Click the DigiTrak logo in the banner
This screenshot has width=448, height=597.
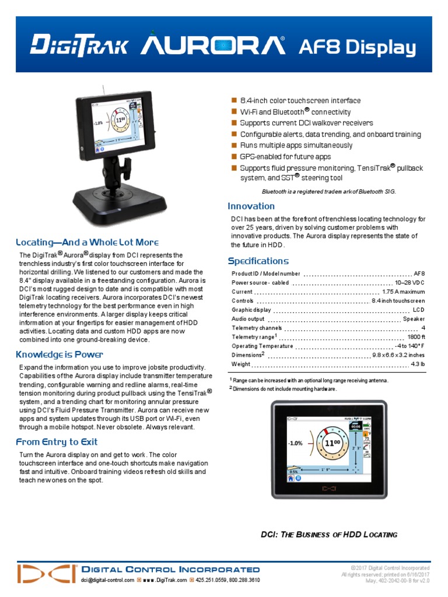pyautogui.click(x=79, y=45)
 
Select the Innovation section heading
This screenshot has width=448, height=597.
pyautogui.click(x=251, y=206)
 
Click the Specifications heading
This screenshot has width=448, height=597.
pyautogui.click(x=258, y=261)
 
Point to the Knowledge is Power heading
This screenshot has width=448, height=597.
pyautogui.click(x=60, y=354)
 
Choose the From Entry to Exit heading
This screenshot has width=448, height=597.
pyautogui.click(x=57, y=442)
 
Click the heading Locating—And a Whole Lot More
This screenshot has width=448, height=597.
pyautogui.click(x=87, y=242)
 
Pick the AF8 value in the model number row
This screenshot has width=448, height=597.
pyautogui.click(x=419, y=273)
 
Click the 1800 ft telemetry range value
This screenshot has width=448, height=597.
pyautogui.click(x=416, y=337)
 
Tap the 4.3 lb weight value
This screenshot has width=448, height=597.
pyautogui.click(x=418, y=364)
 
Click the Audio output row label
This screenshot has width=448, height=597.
pyautogui.click(x=248, y=319)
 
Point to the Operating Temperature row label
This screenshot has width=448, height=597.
pyautogui.click(x=262, y=346)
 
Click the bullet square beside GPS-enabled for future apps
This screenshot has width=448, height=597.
pyautogui.click(x=235, y=157)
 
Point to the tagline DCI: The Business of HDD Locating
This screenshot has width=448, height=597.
pyautogui.click(x=328, y=535)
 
